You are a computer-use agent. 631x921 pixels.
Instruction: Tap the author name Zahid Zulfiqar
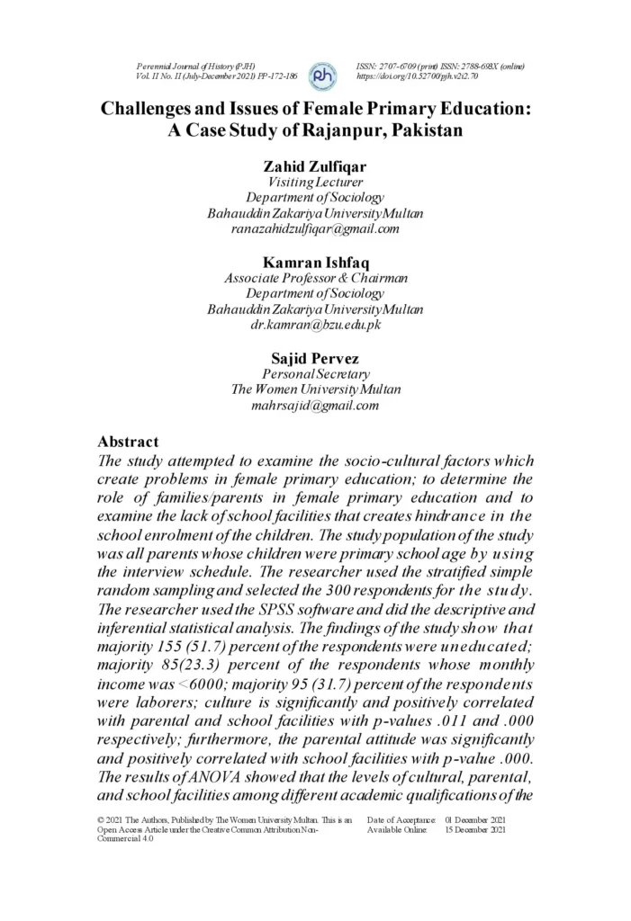point(315,166)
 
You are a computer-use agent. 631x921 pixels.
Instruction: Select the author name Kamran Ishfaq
point(315,262)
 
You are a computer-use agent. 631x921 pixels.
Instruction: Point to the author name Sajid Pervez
point(315,358)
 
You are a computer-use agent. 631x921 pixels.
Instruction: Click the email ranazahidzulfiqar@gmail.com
point(315,228)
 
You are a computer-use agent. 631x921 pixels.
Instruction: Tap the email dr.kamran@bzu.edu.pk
point(315,325)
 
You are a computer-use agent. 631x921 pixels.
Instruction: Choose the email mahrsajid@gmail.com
point(315,406)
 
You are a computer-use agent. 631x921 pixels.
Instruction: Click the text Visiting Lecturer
point(315,182)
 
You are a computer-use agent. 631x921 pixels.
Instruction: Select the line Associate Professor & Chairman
point(315,278)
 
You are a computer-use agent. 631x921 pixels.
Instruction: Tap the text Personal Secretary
point(315,373)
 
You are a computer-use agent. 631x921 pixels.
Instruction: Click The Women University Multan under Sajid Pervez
point(315,389)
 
